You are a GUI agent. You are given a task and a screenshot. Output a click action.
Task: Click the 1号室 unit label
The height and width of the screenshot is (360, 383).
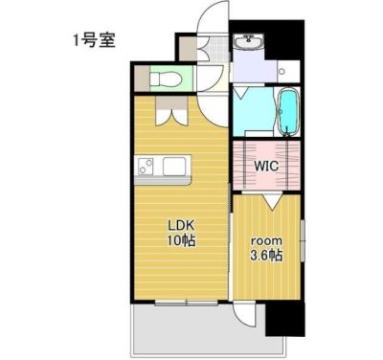94,41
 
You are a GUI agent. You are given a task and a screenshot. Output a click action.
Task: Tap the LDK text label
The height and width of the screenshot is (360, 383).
181,226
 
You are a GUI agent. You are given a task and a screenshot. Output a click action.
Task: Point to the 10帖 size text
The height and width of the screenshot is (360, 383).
181,240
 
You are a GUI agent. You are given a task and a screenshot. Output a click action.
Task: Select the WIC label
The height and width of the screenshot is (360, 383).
266,166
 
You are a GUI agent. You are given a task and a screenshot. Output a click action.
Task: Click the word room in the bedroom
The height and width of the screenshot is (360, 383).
266,240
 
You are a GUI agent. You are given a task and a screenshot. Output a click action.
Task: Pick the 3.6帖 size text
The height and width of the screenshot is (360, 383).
266,256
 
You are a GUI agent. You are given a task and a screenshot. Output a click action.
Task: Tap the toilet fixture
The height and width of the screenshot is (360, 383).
166,79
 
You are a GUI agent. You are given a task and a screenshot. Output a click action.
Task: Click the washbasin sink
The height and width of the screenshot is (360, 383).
248,41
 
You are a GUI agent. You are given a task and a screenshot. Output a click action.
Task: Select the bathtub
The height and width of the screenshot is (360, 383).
289,112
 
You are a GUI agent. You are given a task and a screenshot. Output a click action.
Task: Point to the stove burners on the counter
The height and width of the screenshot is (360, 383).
146,167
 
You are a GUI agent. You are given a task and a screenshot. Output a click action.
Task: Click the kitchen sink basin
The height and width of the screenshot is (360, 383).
174,167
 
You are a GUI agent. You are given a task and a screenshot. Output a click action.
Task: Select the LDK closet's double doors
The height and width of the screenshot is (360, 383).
171,117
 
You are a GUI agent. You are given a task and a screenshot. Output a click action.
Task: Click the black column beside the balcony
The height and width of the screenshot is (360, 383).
284,318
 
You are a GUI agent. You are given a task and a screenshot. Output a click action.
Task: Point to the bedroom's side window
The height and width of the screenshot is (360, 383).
303,240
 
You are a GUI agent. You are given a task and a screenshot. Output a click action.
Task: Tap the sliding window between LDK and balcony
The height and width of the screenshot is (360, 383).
187,303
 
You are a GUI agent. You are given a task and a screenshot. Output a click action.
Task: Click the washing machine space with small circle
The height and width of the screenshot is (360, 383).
288,71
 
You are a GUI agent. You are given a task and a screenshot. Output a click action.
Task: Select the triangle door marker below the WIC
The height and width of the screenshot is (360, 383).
272,202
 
